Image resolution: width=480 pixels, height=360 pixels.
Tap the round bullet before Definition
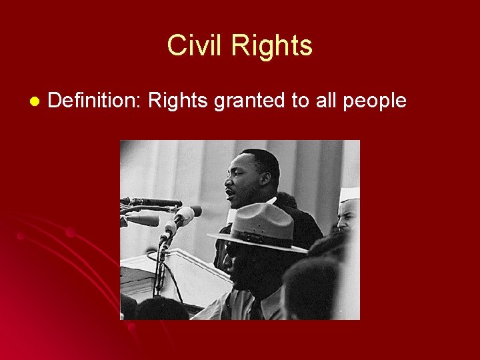coord(34,101)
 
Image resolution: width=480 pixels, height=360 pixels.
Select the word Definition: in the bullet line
coord(94,101)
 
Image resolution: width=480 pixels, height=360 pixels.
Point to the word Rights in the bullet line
coord(175,101)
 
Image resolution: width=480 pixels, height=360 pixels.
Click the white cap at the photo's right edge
coord(349,194)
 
